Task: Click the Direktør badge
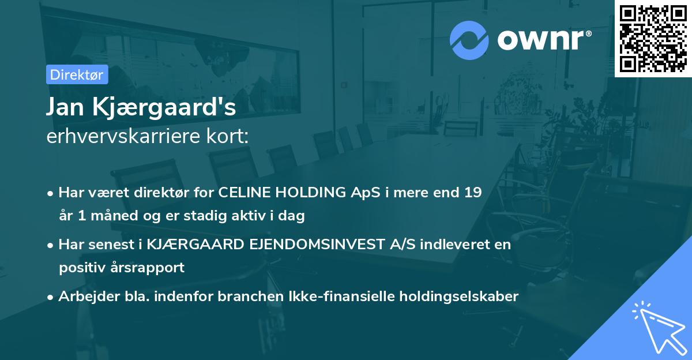77,74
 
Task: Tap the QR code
653,38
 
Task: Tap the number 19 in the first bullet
472,192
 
